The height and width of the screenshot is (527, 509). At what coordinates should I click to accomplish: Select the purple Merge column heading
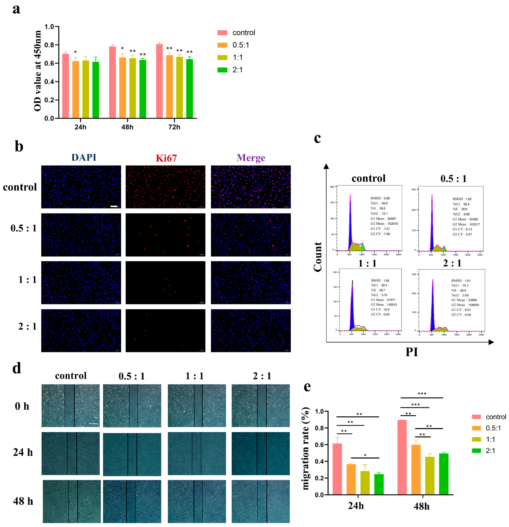(x=251, y=158)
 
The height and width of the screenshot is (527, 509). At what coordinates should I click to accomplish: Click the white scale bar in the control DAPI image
(x=114, y=206)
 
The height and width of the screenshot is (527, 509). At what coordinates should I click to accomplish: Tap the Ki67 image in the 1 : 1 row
(x=165, y=283)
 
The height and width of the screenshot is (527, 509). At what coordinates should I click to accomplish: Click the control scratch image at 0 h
(x=70, y=405)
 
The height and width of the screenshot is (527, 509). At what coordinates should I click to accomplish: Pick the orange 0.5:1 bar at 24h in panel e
(x=351, y=479)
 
